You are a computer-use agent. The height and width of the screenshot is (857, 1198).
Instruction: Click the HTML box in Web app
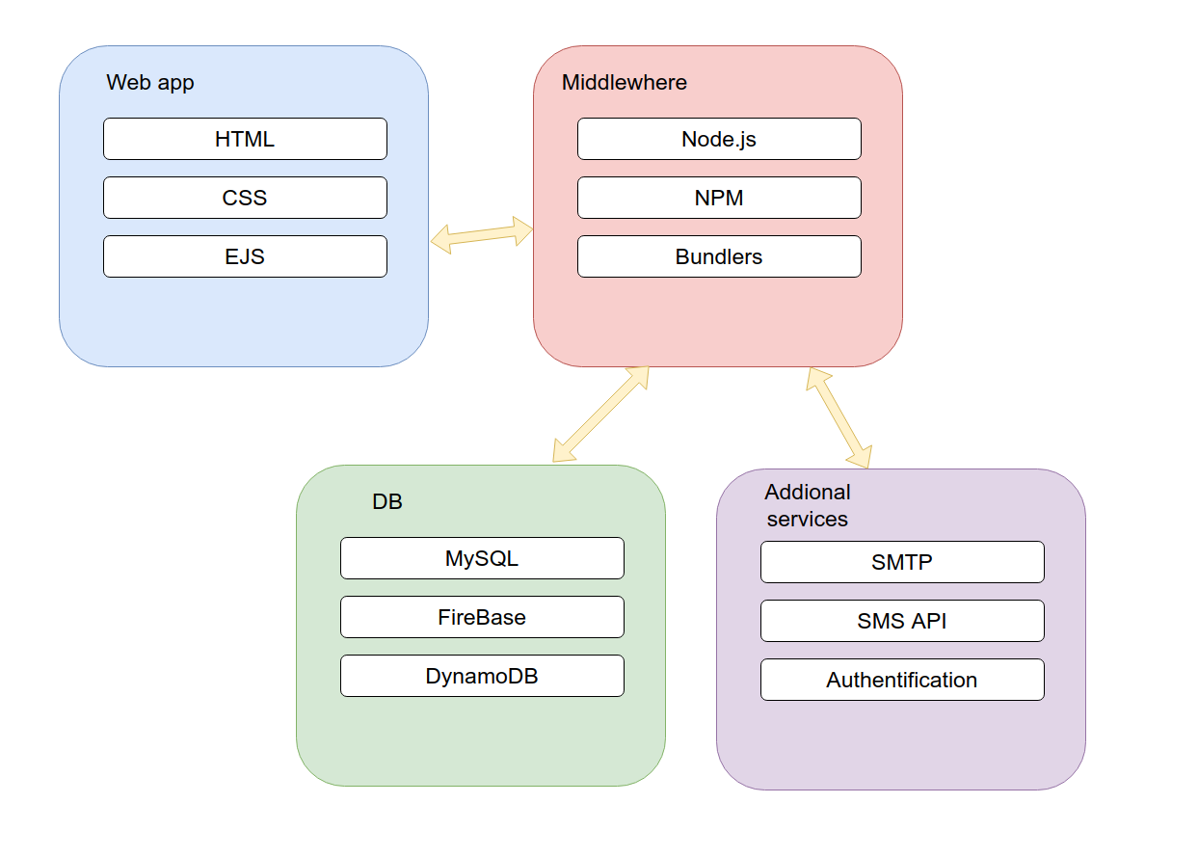245,139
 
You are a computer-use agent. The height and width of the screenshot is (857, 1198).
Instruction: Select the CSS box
245,198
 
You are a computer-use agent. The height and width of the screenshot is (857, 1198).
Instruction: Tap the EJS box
245,256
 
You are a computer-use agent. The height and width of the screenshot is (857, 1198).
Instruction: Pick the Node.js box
719,139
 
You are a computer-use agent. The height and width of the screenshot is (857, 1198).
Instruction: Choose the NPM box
719,198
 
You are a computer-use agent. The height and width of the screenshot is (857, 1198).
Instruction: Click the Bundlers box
719,256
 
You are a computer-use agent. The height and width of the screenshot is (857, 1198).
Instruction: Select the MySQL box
482,558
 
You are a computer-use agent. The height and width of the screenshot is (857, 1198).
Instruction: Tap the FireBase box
482,617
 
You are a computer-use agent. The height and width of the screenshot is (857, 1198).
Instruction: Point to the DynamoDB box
482,676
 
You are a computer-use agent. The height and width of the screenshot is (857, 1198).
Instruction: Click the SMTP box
902,562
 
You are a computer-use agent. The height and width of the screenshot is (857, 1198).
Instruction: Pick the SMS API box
902,621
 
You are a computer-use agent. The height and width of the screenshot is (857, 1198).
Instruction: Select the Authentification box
902,680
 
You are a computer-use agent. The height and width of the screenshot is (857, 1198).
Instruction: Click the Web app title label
150,83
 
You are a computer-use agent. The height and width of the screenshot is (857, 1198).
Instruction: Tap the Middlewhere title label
625,83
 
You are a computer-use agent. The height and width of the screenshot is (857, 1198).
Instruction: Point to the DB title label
387,502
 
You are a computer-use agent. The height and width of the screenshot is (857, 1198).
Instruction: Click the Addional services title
808,505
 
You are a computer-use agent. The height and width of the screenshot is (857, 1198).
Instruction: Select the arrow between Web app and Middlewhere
482,234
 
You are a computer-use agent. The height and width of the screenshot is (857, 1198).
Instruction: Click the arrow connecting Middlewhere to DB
600,415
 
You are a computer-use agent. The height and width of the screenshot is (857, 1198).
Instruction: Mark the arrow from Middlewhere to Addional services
839,417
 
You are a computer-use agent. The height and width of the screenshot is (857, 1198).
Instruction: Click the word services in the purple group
808,520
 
